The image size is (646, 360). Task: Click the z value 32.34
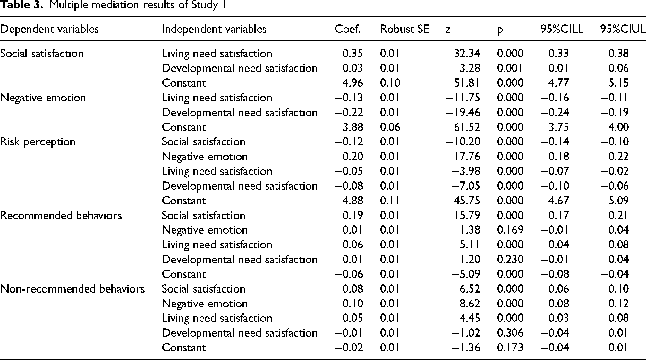[x=467, y=53]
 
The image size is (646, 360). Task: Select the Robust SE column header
[x=404, y=29]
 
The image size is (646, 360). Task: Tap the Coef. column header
[x=348, y=29]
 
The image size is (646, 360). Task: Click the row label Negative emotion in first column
[x=43, y=98]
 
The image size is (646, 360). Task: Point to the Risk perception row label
[x=38, y=142]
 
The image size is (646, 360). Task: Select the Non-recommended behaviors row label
[x=72, y=289]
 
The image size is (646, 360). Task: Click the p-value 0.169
[x=510, y=230]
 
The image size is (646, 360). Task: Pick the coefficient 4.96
[x=353, y=83]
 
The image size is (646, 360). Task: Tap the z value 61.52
[x=467, y=127]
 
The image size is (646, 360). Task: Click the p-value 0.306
[x=510, y=333]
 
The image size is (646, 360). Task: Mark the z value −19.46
[x=463, y=112]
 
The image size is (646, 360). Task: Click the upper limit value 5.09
[x=618, y=201]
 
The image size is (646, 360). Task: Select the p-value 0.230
[x=510, y=259]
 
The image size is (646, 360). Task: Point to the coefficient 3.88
[x=353, y=127]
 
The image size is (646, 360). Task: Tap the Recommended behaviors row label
[x=61, y=215]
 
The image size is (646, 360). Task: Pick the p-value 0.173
[x=510, y=347]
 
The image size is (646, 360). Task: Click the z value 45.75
[x=467, y=201]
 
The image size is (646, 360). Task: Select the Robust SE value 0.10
[x=390, y=83]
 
